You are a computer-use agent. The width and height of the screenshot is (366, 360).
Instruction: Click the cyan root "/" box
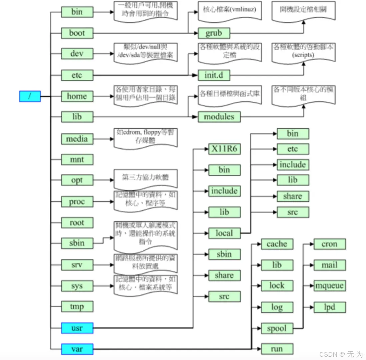[x=30, y=96]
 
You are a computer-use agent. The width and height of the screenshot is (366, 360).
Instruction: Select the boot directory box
[x=77, y=33]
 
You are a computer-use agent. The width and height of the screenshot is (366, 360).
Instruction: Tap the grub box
[x=214, y=33]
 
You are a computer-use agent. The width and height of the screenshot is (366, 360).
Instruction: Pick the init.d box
[x=214, y=75]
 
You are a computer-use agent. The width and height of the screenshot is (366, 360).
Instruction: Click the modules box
[x=219, y=117]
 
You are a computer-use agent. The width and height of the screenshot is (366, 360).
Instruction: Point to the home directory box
[x=77, y=96]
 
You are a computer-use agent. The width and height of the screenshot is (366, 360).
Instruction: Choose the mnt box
[x=77, y=159]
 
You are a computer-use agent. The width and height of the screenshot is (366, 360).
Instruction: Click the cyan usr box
[x=77, y=328]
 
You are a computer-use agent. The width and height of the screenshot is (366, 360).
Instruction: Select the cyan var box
[x=77, y=349]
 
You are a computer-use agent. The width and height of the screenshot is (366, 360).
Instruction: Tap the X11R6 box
[x=224, y=149]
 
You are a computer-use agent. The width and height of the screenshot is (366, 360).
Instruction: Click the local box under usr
[x=224, y=233]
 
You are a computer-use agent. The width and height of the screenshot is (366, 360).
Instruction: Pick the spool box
[x=277, y=328]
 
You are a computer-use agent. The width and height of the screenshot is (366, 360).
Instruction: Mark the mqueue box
[x=330, y=286]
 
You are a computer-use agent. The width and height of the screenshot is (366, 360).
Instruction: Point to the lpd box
[x=330, y=307]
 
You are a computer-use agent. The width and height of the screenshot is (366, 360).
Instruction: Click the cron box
[x=330, y=244]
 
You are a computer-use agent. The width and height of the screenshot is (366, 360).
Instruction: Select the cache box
[x=277, y=244]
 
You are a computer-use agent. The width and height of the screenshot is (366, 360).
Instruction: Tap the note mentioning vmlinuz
[x=229, y=11]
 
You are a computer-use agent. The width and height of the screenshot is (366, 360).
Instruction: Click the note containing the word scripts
[x=303, y=52]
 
